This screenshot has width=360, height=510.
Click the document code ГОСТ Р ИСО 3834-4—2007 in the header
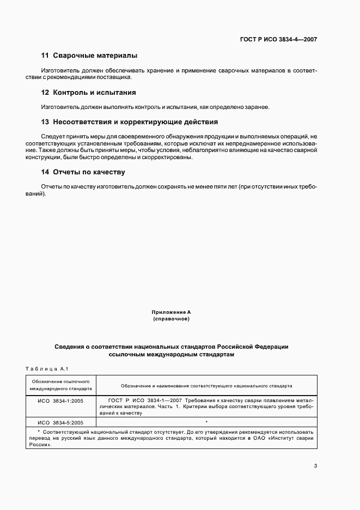pos(278,39)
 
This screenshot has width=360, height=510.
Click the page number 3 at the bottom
pos(315,465)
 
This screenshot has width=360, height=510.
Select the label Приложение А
pos(171,312)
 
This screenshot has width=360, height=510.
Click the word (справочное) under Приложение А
pos(171,319)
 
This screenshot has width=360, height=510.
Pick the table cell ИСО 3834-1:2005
pos(61,401)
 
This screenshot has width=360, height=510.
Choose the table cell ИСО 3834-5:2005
pos(61,422)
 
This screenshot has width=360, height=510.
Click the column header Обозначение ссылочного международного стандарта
pos(61,385)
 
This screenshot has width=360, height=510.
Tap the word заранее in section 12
pos(256,107)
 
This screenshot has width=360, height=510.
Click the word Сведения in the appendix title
pos(70,347)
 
